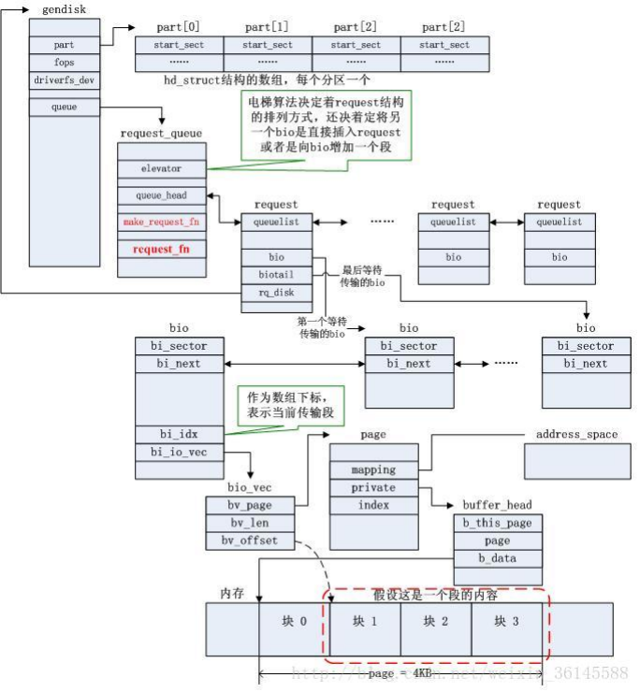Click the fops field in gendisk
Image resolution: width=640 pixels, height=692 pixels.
[x=64, y=63]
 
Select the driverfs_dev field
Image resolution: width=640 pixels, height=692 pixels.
[x=64, y=80]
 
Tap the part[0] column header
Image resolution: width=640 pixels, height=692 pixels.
[x=179, y=26]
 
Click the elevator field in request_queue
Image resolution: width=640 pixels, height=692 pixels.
[x=161, y=169]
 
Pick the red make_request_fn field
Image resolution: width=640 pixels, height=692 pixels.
[x=161, y=223]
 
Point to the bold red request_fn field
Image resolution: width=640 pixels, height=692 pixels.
[x=161, y=250]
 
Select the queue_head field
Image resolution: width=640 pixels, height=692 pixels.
[x=161, y=196]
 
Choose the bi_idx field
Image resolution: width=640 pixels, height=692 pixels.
[x=178, y=435]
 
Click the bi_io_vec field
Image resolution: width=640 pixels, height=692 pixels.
[x=178, y=453]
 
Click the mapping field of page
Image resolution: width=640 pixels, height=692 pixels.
[x=373, y=470]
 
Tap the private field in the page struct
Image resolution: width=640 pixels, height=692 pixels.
[x=373, y=488]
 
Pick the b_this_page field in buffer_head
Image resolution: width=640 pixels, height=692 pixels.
[x=497, y=523]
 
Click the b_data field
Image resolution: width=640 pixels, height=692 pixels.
[x=497, y=559]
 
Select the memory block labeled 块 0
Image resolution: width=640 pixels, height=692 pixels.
[x=294, y=622]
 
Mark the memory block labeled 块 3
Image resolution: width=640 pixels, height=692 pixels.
[x=506, y=622]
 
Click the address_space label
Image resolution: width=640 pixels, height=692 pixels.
[x=576, y=435]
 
